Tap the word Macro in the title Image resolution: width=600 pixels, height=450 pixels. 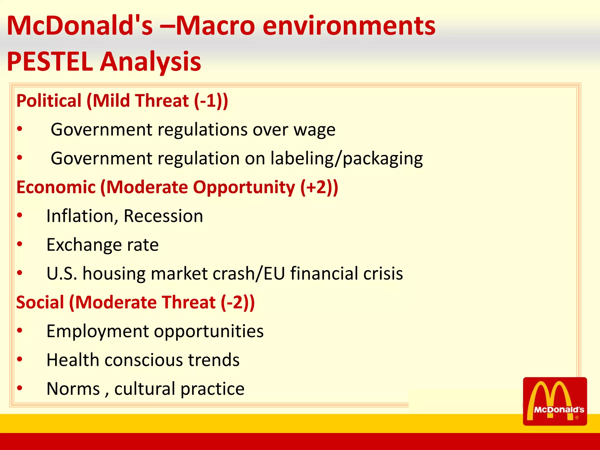coord(215,26)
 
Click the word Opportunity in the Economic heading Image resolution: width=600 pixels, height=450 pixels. coord(244,187)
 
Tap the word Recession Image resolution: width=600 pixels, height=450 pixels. coord(163,216)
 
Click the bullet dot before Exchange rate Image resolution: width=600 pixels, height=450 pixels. coord(20,244)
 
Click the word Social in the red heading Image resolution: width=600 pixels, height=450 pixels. coord(40,302)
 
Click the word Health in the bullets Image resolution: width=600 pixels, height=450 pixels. coord(73,360)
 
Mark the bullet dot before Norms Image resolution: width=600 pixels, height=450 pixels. coord(20,388)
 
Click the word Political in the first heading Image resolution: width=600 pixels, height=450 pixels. coord(49,101)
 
